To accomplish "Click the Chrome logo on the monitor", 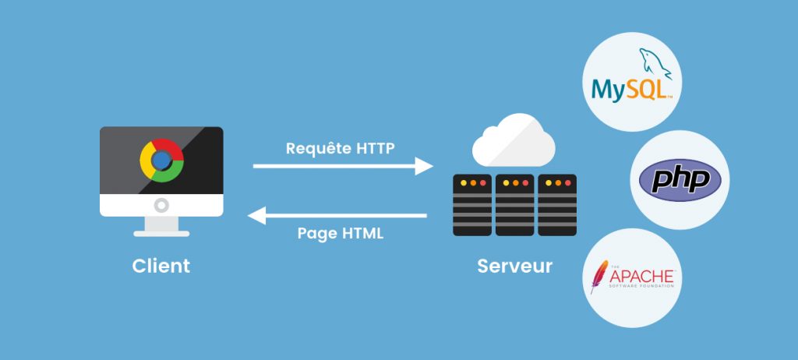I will pyautogui.click(x=161, y=161).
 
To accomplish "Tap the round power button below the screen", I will pyautogui.click(x=161, y=206).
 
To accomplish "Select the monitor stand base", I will pyautogui.click(x=161, y=231).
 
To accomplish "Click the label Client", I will pyautogui.click(x=161, y=266).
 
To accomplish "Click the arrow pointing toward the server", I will pyautogui.click(x=343, y=165).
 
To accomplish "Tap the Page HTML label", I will pyautogui.click(x=341, y=233).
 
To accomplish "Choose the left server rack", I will pyautogui.click(x=472, y=205).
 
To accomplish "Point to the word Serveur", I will pyautogui.click(x=514, y=266).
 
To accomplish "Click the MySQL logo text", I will pyautogui.click(x=630, y=89).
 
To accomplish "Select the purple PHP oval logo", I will pyautogui.click(x=675, y=180).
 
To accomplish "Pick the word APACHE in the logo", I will pyautogui.click(x=641, y=277).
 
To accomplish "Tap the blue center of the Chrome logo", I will pyautogui.click(x=161, y=161).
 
